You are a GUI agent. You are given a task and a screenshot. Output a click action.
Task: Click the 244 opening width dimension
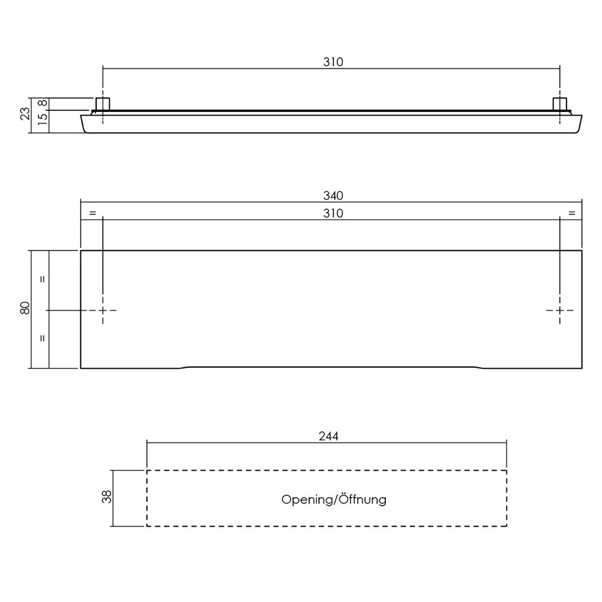click(x=327, y=436)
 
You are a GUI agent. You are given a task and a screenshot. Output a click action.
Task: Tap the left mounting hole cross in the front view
click(x=103, y=310)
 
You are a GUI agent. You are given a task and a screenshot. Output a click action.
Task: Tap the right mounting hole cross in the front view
click(x=560, y=310)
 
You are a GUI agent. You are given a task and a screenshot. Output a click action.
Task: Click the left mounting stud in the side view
click(x=103, y=104)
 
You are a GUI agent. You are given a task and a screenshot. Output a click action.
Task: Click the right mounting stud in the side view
click(x=560, y=104)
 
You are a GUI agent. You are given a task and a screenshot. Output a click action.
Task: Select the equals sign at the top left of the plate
click(x=92, y=213)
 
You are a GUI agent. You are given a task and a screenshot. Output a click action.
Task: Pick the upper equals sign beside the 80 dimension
click(x=42, y=279)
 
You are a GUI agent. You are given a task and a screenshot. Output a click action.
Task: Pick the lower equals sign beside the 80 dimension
click(x=42, y=338)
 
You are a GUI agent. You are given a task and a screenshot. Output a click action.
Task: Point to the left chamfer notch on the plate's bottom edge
click(x=184, y=367)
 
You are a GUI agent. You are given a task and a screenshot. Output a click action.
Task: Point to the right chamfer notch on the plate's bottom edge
click(x=479, y=367)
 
